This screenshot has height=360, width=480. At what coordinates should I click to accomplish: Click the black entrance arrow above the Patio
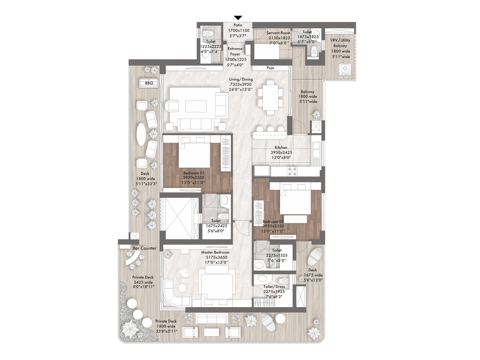(x=238, y=18)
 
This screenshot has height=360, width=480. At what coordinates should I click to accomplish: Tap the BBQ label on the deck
(x=149, y=83)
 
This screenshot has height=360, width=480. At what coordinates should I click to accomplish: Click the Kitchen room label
(x=278, y=147)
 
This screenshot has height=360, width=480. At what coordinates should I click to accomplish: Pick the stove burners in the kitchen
(x=292, y=172)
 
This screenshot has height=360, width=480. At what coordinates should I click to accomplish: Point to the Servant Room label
(x=278, y=33)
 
